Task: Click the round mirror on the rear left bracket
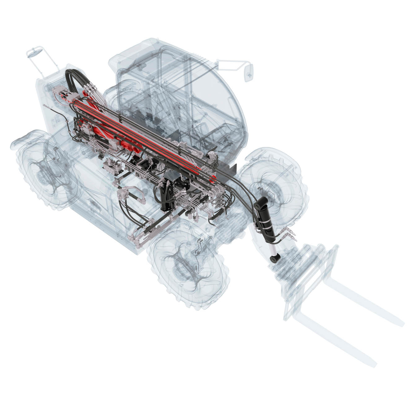tap(32, 52)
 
